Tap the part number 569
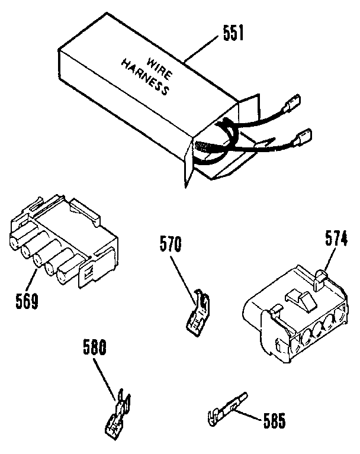pos(26,301)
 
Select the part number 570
pos(172,243)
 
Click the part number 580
pos(94,350)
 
